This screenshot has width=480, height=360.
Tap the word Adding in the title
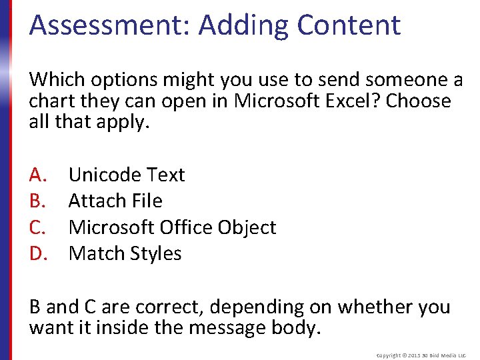point(243,25)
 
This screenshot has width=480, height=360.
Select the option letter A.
point(37,175)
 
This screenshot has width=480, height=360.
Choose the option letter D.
point(37,253)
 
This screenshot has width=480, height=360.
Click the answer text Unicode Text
point(127,175)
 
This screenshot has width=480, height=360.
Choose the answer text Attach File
point(115,201)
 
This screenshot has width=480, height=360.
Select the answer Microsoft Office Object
point(172,227)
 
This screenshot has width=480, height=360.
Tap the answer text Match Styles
point(125,253)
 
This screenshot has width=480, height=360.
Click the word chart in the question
point(47,101)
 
